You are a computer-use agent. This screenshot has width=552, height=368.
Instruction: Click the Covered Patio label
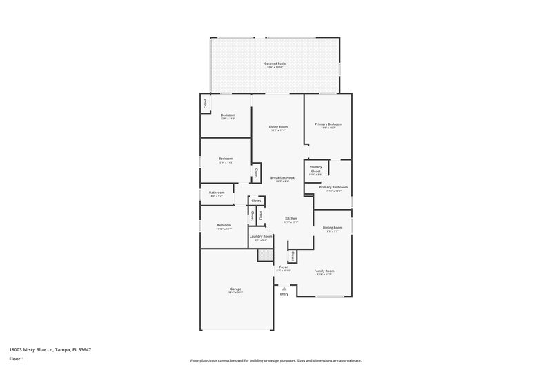click(x=275, y=64)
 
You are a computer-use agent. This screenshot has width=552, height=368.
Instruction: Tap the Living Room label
click(x=278, y=127)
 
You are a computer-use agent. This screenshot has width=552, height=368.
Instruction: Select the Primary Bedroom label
click(x=328, y=124)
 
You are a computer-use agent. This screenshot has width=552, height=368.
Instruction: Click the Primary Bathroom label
click(x=333, y=187)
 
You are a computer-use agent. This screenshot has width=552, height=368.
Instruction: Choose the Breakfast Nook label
click(x=282, y=177)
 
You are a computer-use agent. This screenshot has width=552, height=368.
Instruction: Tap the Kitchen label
click(x=291, y=218)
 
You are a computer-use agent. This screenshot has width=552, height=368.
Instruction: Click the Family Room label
click(x=324, y=271)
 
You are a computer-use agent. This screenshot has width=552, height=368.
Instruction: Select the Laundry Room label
click(x=261, y=237)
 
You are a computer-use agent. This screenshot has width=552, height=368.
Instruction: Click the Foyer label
click(x=283, y=267)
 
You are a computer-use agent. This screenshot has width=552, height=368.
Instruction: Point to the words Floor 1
click(x=17, y=360)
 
